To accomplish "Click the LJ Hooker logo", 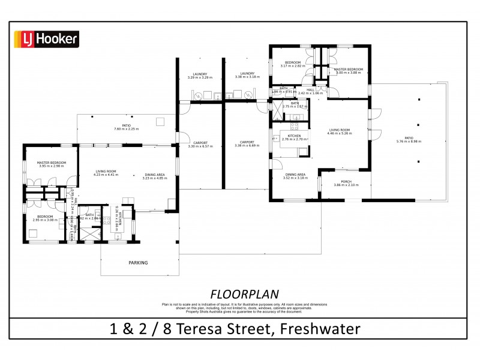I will [x=46, y=40].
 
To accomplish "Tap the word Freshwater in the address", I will [x=325, y=329].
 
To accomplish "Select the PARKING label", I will [x=137, y=263].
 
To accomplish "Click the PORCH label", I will [x=346, y=183].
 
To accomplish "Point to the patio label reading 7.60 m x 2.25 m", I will [x=126, y=127].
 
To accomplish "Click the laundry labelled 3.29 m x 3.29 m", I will [x=200, y=76].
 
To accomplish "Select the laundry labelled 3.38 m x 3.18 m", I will [x=248, y=76].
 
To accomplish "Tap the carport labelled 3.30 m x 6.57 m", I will [x=200, y=145].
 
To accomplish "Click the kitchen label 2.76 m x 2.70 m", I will [x=294, y=138].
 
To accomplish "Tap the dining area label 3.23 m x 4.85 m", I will [x=154, y=176].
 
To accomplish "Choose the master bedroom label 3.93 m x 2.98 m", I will [x=51, y=164].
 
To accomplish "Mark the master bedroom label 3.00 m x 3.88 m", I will [x=349, y=71].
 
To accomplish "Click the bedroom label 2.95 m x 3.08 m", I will [x=45, y=218].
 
